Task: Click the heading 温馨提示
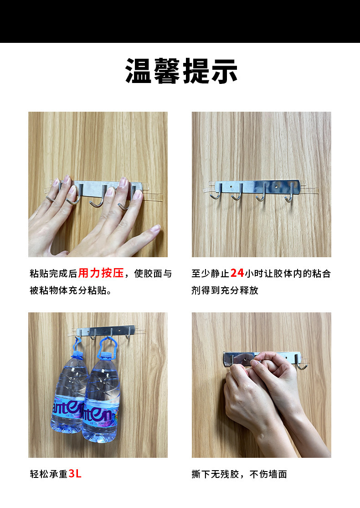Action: (x=181, y=71)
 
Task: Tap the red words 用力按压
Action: (x=101, y=273)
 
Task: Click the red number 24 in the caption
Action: (x=237, y=273)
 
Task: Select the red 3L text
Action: (x=75, y=474)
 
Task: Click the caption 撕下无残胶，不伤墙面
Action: (x=239, y=474)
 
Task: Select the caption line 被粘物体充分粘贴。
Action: (x=71, y=290)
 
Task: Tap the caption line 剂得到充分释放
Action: (x=225, y=290)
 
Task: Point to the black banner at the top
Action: (x=180, y=21)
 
